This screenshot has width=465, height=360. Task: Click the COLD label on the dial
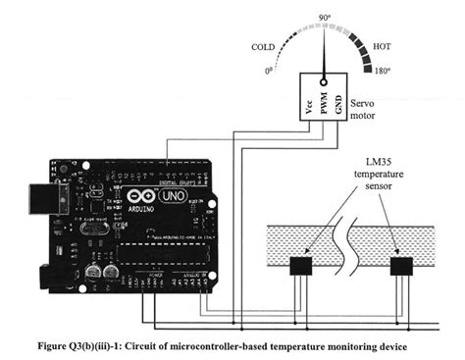(x=262, y=46)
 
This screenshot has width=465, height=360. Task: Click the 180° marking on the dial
(x=384, y=72)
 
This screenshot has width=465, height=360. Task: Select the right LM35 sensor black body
(x=401, y=266)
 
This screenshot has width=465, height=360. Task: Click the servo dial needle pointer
(x=326, y=49)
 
